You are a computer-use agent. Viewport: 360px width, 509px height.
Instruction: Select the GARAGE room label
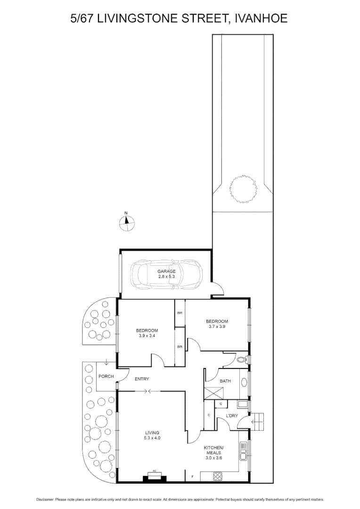(166, 271)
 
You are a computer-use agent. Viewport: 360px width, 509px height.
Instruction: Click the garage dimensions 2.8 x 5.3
(166, 277)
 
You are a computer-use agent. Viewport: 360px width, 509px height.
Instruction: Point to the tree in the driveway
(243, 190)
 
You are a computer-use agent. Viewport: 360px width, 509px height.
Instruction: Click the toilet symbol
(243, 360)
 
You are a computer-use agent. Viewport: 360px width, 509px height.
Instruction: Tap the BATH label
(225, 381)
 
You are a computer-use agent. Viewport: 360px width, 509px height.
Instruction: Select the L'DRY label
(232, 415)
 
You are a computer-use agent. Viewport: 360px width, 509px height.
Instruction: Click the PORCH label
(105, 376)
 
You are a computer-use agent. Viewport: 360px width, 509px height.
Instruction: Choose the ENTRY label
(142, 379)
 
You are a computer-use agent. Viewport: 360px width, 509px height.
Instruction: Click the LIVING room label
(152, 433)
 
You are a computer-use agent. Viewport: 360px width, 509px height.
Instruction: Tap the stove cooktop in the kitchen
(218, 476)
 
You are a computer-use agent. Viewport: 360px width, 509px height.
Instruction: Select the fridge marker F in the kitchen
(192, 477)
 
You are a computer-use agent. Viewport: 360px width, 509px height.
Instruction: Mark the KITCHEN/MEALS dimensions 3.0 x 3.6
(213, 457)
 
